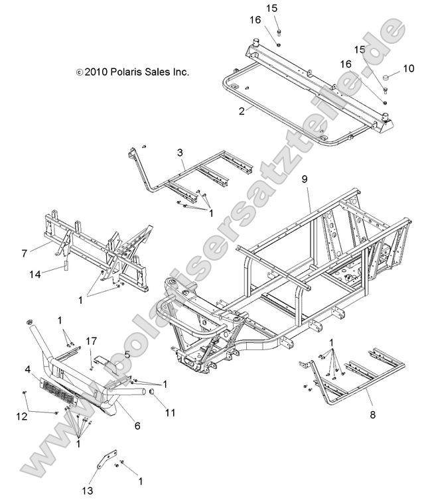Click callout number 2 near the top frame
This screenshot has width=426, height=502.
pyautogui.click(x=224, y=111)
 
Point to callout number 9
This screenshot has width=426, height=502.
pyautogui.click(x=305, y=178)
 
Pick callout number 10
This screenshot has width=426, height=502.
pyautogui.click(x=408, y=68)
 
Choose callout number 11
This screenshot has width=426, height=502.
pyautogui.click(x=170, y=412)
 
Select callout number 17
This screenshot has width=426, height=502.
pyautogui.click(x=91, y=342)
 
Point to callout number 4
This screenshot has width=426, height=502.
pyautogui.click(x=29, y=369)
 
